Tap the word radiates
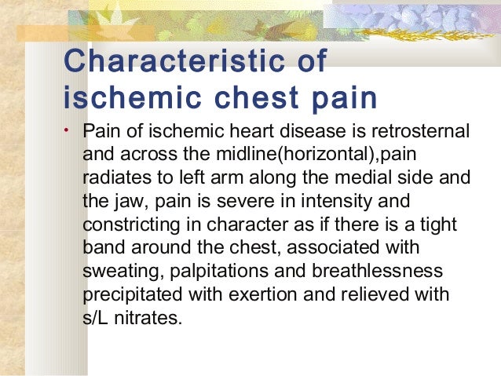click(x=114, y=177)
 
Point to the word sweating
click(x=115, y=272)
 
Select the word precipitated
click(x=126, y=295)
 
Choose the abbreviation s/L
click(x=97, y=319)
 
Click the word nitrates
click(x=149, y=319)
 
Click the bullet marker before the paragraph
click(x=68, y=130)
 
